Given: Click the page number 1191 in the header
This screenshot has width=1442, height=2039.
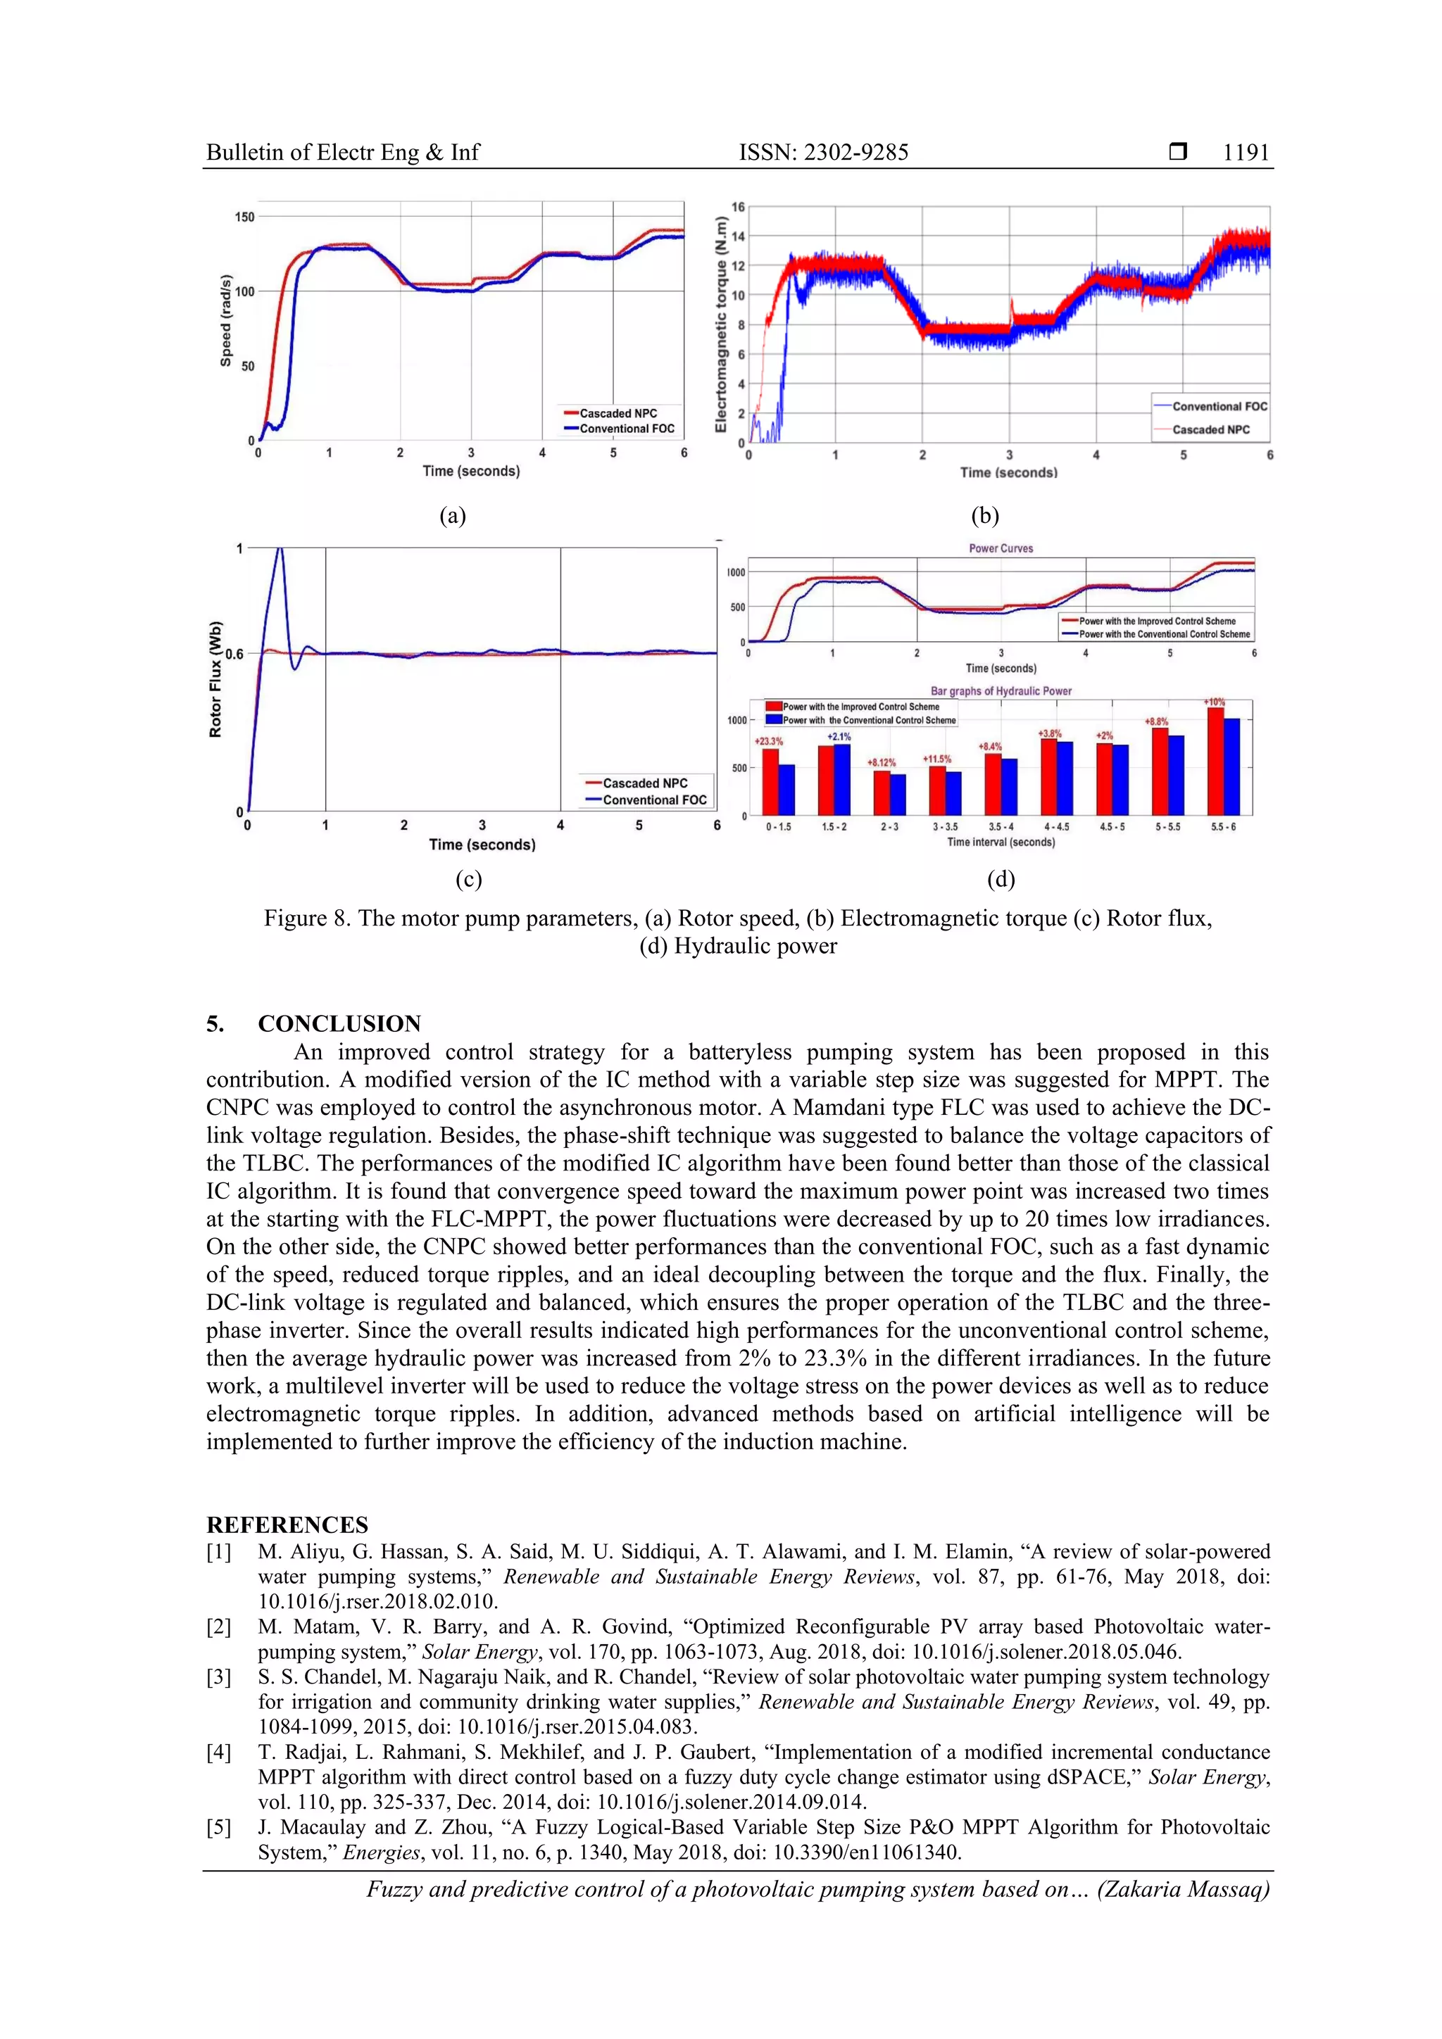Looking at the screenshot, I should [1246, 153].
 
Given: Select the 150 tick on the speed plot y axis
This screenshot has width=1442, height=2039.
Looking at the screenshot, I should [244, 217].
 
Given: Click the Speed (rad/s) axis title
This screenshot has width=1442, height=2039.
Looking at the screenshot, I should [226, 320].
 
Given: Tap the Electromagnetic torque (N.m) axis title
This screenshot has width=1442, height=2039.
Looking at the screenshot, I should [722, 324].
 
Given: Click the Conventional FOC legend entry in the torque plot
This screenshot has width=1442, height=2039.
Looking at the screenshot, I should [1219, 407].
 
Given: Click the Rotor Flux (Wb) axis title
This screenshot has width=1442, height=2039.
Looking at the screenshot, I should [215, 679].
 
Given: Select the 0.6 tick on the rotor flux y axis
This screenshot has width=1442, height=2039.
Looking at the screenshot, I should [234, 655].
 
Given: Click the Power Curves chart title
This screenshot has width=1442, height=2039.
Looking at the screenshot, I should [1001, 549].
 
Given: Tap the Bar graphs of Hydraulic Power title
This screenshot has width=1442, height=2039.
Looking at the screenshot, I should [1001, 691].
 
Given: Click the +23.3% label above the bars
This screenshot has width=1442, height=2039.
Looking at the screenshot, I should [769, 740].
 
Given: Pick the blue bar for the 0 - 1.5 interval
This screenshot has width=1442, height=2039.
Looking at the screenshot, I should [786, 790].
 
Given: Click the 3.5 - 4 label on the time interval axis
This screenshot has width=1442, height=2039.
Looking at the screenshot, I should [1001, 827].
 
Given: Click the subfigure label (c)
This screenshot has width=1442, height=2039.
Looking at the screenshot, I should [468, 879].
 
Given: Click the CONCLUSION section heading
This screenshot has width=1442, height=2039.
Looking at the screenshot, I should [339, 1024].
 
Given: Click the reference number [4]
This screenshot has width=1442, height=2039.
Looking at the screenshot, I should [218, 1752].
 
